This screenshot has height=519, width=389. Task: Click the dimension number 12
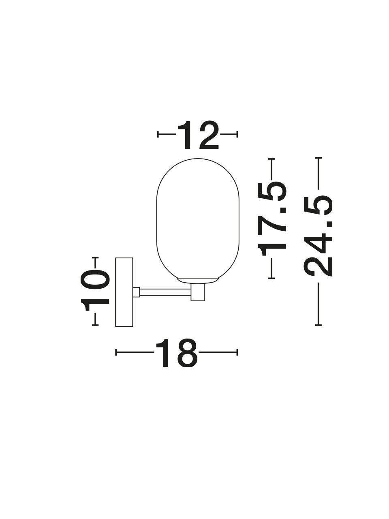tap(198, 135)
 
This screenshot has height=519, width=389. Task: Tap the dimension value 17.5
tap(271, 219)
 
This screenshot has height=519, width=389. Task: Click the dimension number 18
tap(176, 352)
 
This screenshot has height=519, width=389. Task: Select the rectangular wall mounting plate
tap(124, 292)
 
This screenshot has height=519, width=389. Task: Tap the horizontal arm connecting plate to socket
tap(165, 292)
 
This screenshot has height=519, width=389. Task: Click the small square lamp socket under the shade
tap(198, 292)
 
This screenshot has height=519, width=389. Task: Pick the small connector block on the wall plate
tap(136, 292)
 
